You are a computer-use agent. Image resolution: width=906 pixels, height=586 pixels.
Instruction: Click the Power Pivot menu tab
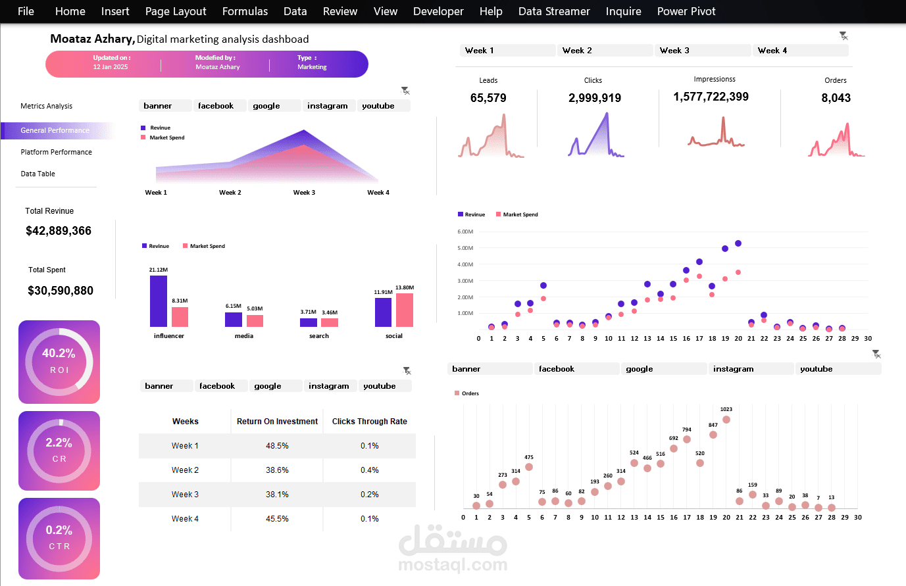686,11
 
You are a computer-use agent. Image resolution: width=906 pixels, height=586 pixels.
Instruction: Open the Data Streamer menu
554,11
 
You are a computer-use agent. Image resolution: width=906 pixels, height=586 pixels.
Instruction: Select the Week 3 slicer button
702,51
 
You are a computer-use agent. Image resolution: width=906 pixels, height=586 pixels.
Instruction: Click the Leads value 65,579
488,98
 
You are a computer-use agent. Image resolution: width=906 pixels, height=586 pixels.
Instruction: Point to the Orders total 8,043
836,98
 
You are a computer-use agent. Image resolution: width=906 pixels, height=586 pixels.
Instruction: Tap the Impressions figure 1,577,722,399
711,97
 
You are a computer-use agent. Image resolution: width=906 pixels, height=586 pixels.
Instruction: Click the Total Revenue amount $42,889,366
59,231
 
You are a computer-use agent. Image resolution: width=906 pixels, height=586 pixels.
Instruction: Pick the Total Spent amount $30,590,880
61,291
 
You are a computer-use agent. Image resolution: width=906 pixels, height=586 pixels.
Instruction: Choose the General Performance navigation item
55,130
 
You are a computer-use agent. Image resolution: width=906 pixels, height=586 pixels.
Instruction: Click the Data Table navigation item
38,174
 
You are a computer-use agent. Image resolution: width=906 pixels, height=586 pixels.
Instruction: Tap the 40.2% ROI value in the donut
59,353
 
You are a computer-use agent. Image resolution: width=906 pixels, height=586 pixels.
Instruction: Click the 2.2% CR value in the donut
59,443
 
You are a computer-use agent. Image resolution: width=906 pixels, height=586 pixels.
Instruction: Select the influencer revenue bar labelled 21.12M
159,301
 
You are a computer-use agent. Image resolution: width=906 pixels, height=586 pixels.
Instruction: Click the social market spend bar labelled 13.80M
405,310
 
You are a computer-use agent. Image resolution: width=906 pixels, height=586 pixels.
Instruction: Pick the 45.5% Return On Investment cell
277,519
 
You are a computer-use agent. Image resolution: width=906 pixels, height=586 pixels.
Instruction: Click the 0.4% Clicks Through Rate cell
369,470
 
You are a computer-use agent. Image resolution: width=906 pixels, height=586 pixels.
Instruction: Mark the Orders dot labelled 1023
726,420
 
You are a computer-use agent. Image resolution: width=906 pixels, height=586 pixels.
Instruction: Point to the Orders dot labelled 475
529,467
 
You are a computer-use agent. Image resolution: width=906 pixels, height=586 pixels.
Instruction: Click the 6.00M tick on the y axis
465,232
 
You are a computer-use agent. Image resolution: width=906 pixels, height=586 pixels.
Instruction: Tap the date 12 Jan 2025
111,67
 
